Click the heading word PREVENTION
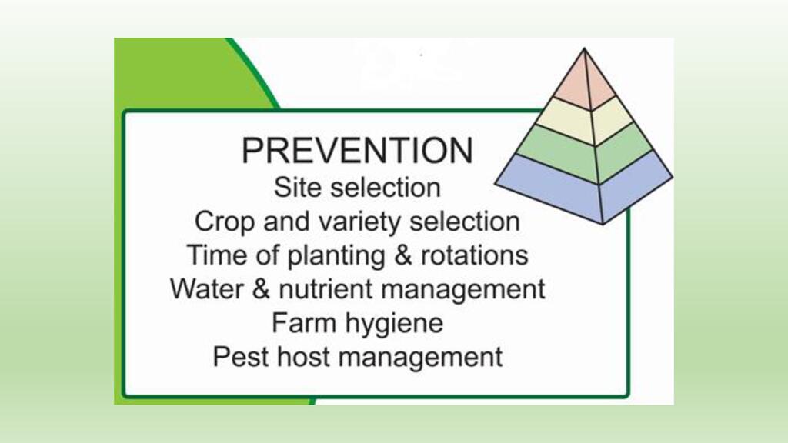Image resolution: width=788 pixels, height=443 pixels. point(357,150)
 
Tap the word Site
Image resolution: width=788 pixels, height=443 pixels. point(290,188)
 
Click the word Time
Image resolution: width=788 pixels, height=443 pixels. point(217,255)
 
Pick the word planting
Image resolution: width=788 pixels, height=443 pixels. point(336,255)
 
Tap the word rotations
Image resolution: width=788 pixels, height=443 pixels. point(474,255)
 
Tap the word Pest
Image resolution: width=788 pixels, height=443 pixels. point(240,357)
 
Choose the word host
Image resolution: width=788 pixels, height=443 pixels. point(303,357)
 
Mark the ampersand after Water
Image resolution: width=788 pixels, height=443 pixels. point(262,289)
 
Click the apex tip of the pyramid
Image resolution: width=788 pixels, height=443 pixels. point(584,48)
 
